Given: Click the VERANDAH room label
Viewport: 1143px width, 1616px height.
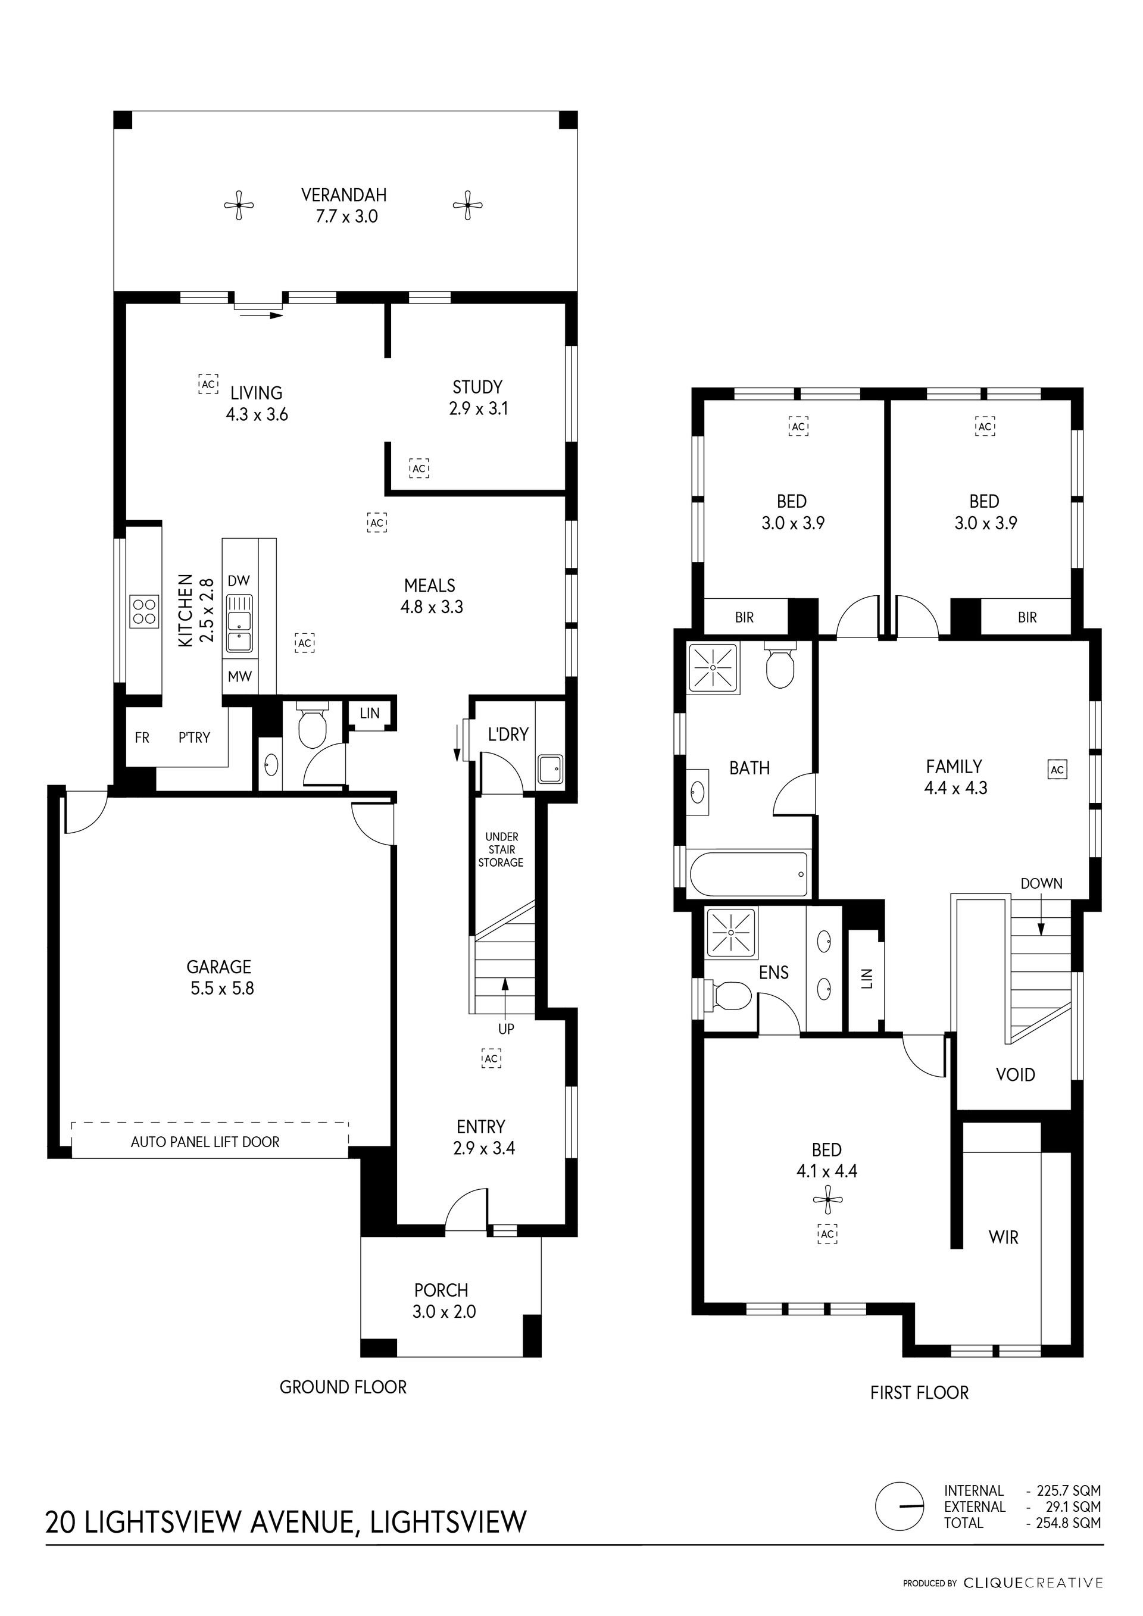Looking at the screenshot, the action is click(x=344, y=195).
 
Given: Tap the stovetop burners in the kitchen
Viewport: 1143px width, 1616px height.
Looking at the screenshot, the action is click(x=144, y=611).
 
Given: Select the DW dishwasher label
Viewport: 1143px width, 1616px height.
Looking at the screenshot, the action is click(x=239, y=581).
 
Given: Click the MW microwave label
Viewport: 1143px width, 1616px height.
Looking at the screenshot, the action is click(x=240, y=676).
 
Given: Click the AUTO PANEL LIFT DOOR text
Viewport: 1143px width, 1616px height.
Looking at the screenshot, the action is click(x=205, y=1142).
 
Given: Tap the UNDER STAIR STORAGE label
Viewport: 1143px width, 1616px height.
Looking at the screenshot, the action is click(x=501, y=849).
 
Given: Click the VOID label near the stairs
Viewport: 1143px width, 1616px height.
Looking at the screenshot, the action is click(x=1016, y=1075).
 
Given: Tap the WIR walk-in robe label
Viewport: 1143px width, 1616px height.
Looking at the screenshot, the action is click(x=1004, y=1237).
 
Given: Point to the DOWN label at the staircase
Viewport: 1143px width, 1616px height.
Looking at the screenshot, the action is click(x=1042, y=883).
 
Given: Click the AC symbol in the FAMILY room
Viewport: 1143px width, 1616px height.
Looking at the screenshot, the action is click(x=1057, y=769).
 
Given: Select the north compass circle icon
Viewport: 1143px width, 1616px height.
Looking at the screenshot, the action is click(x=900, y=1506).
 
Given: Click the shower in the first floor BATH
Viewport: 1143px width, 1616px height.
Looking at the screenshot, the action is click(x=713, y=667).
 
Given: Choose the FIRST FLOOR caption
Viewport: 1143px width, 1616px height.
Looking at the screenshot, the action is click(x=919, y=1392).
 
